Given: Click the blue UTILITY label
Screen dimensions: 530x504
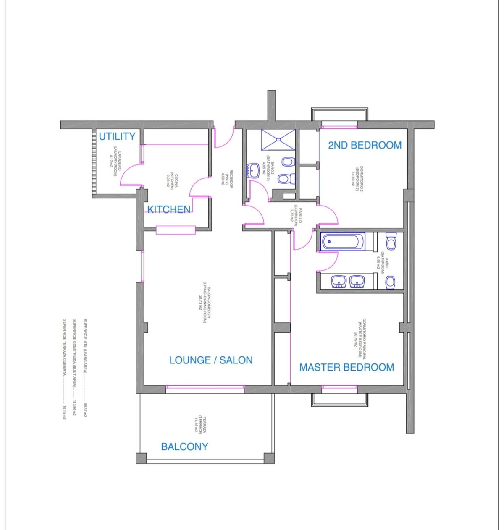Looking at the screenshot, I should click(117, 136).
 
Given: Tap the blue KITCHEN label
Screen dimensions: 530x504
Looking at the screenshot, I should click(169, 209).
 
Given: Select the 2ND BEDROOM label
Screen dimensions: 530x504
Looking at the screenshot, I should click(365, 145).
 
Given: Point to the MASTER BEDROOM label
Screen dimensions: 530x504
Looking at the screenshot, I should click(346, 367).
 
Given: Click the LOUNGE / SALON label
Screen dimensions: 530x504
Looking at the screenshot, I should click(211, 360).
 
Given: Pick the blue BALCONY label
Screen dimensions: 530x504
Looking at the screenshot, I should click(184, 446).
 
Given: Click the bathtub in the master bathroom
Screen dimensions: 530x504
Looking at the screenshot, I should click(343, 242).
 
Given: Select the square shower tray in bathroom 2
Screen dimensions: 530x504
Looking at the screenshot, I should click(278, 139).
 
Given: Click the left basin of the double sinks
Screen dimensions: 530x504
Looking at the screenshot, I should click(339, 282).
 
